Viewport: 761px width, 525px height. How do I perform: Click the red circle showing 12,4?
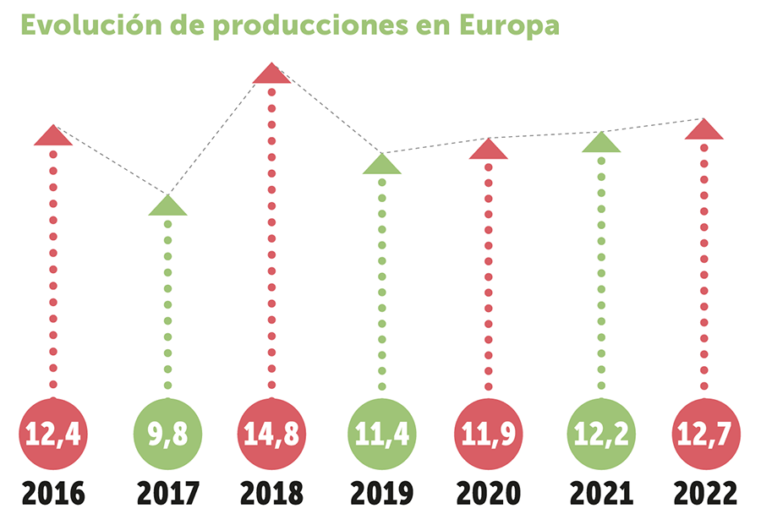pos(53,433)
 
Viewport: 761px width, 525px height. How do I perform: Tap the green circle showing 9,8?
pos(168,433)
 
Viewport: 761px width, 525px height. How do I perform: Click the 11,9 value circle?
pos(489,433)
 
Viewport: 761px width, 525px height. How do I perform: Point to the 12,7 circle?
pos(704,433)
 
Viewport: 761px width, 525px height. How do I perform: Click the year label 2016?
pos(53,494)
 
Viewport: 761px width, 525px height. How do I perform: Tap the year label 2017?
pos(168,494)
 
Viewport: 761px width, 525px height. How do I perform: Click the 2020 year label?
pos(489,494)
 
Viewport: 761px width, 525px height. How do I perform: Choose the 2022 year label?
pos(704,494)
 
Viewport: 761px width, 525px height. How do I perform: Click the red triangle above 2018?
pos(271,74)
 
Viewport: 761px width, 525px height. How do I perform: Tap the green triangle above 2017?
pos(167,206)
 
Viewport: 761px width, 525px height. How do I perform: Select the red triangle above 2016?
pos(53,136)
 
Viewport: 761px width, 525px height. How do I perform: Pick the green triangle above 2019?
pos(381,165)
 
